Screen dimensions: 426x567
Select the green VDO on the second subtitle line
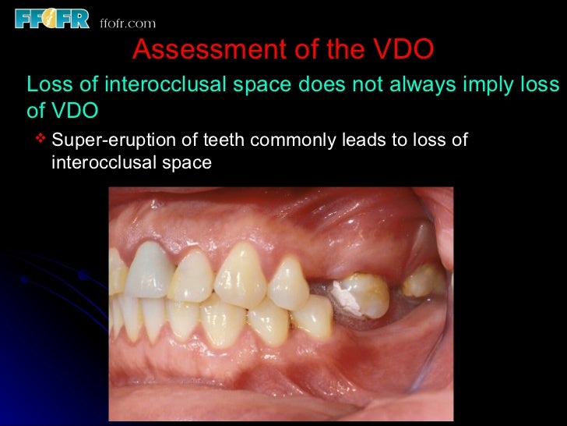pyautogui.click(x=75, y=111)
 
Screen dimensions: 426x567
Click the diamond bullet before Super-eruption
pyautogui.click(x=41, y=140)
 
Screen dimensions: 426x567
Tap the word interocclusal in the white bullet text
pyautogui.click(x=100, y=164)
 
